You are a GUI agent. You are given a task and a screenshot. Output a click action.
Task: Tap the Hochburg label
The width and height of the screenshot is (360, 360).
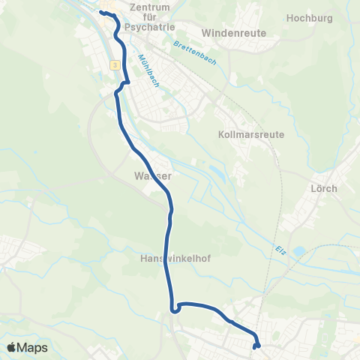310,16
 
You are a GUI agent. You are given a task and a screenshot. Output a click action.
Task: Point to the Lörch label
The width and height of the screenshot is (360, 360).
323,187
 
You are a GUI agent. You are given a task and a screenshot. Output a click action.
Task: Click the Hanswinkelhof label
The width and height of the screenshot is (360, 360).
175,259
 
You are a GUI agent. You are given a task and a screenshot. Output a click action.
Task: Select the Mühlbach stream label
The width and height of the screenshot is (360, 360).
148,70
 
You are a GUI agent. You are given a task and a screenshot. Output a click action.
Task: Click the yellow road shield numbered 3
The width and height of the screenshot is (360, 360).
114,65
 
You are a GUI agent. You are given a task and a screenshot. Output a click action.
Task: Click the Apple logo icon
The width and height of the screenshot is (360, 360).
12,347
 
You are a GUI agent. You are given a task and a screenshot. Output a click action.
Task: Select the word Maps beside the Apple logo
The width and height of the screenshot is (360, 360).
32,348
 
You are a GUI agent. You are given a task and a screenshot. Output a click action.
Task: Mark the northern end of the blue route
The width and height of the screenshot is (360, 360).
100,13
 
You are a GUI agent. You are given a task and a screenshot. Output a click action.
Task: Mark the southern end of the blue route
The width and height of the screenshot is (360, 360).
256,346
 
